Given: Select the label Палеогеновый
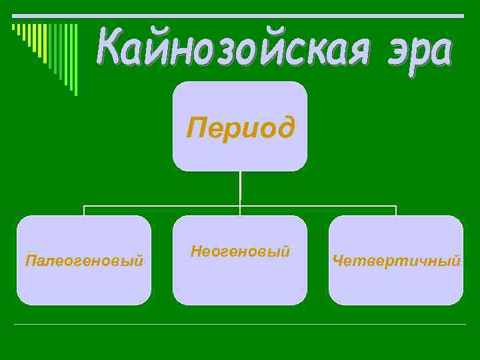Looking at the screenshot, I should pos(84,261).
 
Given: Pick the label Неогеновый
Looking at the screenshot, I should pos(240,252).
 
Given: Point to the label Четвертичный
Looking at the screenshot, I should pos(396,261).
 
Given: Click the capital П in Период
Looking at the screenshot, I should pos(195,126).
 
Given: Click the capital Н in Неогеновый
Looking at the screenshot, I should pos(195,251).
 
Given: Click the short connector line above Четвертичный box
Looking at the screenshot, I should pos(396,210).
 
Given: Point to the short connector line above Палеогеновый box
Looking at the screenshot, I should pos(84,210).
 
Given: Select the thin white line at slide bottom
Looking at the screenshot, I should pos(240,325).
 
